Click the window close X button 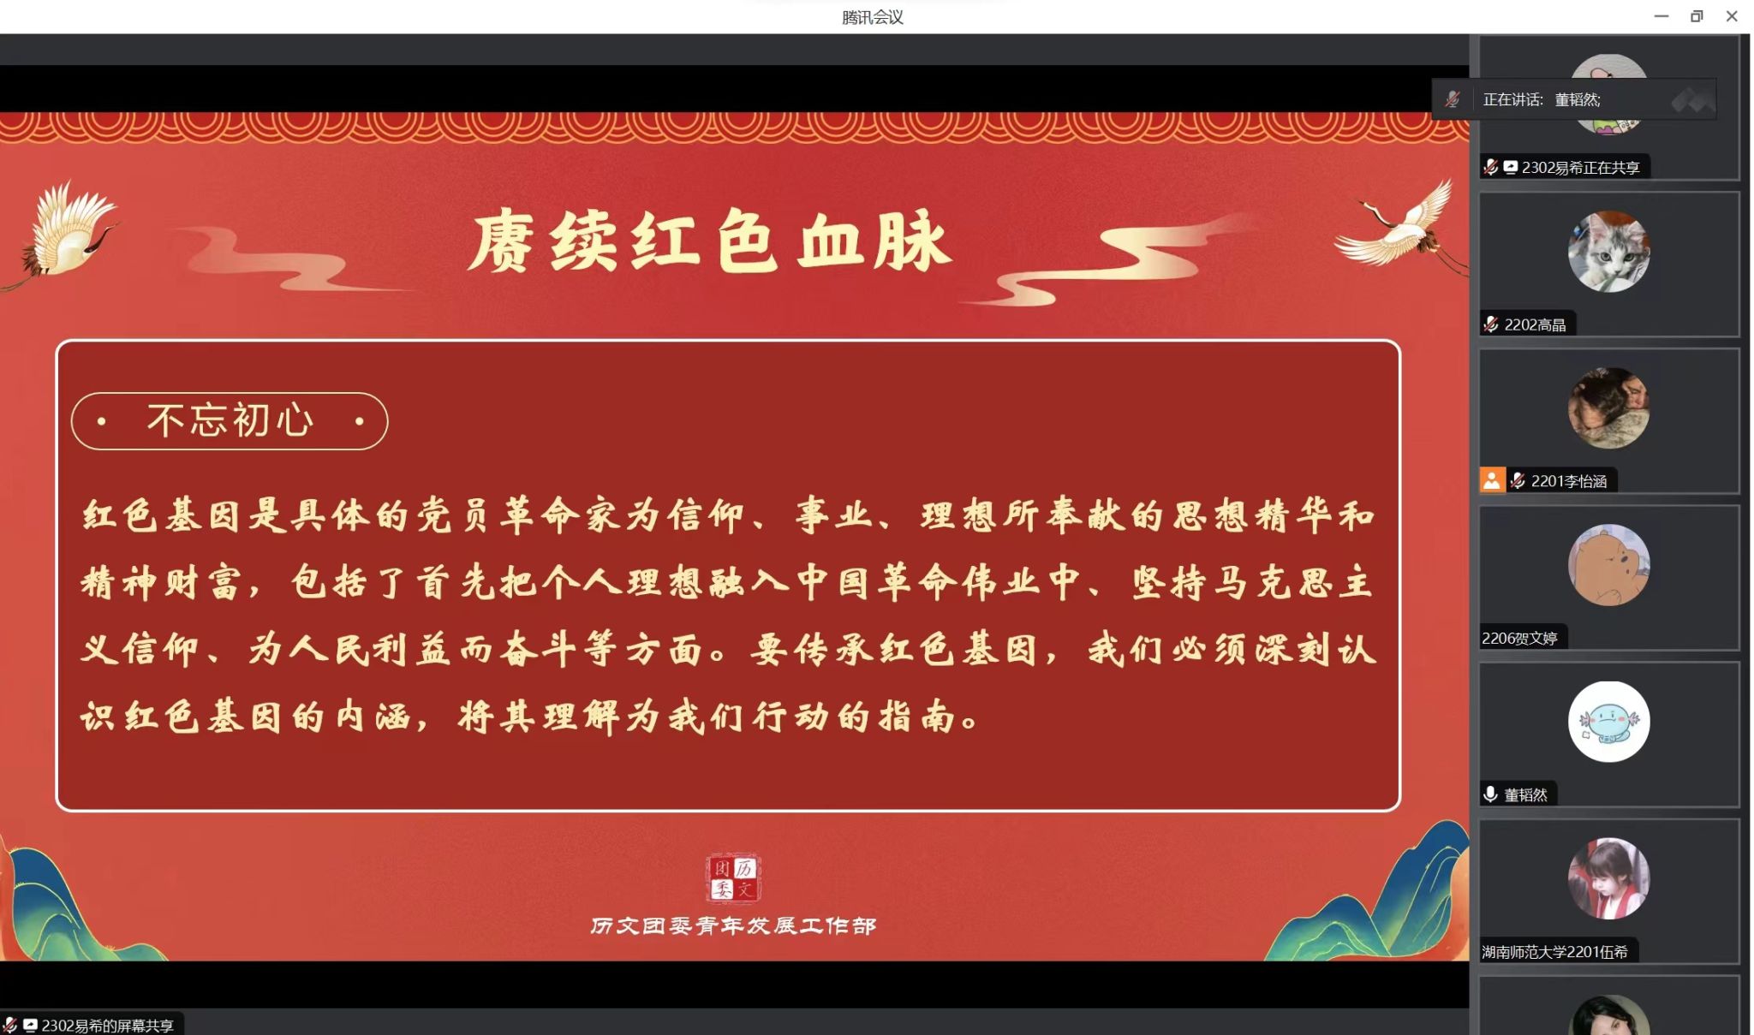coord(1731,16)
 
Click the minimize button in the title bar coord(1662,16)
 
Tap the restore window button coord(1697,16)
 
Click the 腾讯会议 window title coord(872,17)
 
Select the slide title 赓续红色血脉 coord(710,241)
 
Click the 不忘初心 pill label coord(230,420)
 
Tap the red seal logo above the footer coord(733,878)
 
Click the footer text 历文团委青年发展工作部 coord(733,925)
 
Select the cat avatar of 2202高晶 coord(1608,252)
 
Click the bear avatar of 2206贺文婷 coord(1608,565)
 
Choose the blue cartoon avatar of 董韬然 coord(1608,722)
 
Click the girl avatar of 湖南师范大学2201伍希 coord(1608,878)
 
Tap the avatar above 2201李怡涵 coord(1608,408)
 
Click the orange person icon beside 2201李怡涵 coord(1492,480)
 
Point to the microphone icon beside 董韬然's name coord(1490,794)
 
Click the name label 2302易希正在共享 coord(1580,168)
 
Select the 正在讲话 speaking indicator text coord(1512,100)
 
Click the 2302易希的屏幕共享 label coord(107,1026)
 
